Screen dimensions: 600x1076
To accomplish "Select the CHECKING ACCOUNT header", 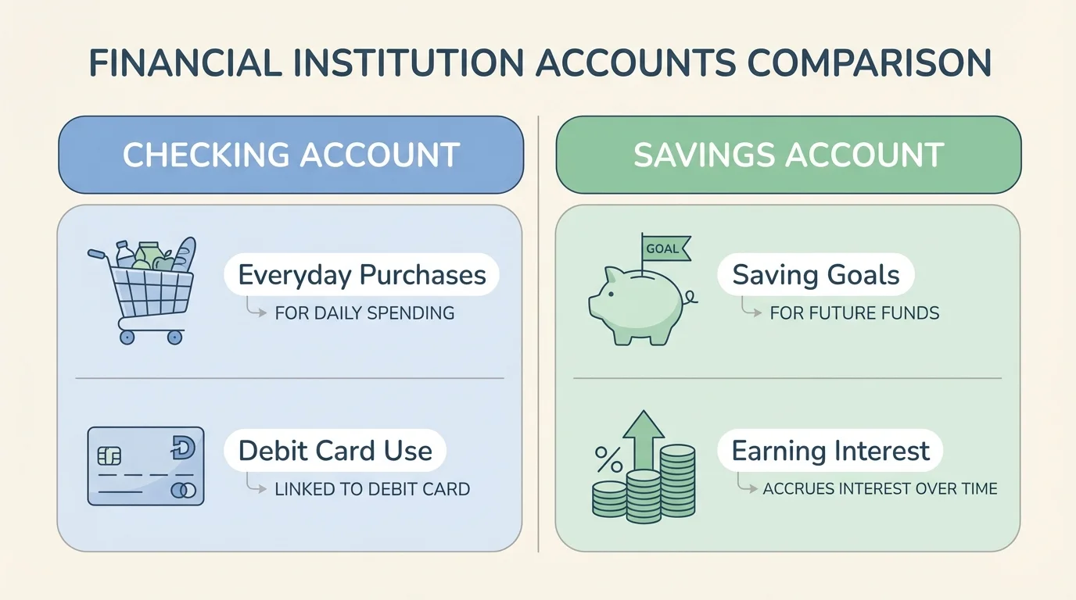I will [x=290, y=155].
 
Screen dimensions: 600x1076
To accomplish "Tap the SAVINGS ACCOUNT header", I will [x=788, y=155].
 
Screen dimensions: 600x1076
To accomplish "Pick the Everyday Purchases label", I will [x=361, y=275].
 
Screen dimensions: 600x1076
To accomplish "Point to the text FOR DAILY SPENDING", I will [x=364, y=313].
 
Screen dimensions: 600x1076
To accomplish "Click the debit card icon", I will [x=145, y=466].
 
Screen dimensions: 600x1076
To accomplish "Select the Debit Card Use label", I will [x=335, y=451].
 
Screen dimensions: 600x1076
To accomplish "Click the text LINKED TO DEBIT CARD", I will [x=372, y=490].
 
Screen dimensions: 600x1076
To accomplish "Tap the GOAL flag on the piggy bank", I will [x=664, y=249].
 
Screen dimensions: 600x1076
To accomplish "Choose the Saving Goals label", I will [x=816, y=275].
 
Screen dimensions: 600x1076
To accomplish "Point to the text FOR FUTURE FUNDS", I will [x=855, y=313].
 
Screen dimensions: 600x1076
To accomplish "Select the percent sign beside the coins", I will [x=608, y=459].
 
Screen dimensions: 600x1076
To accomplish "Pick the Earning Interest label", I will [x=830, y=451].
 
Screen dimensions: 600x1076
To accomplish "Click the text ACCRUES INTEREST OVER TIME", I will [x=880, y=489].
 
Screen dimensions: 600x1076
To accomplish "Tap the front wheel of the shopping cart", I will [x=175, y=337].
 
